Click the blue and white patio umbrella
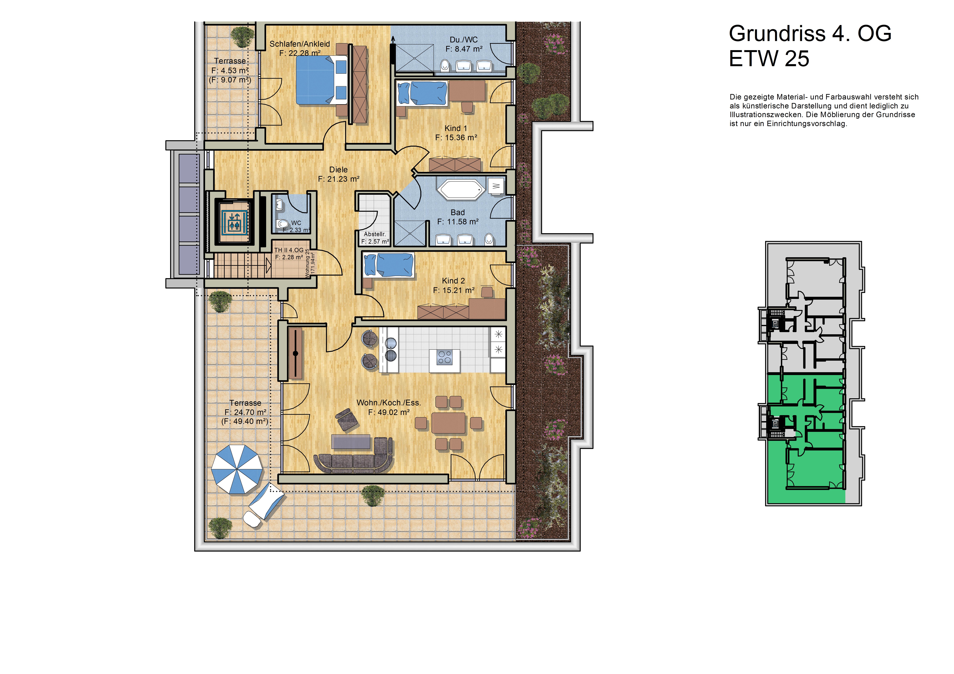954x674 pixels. pyautogui.click(x=237, y=469)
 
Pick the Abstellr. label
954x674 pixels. pyautogui.click(x=375, y=234)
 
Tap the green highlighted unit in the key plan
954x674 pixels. pyautogui.click(x=806, y=438)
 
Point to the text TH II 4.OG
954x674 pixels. pyautogui.click(x=289, y=250)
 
